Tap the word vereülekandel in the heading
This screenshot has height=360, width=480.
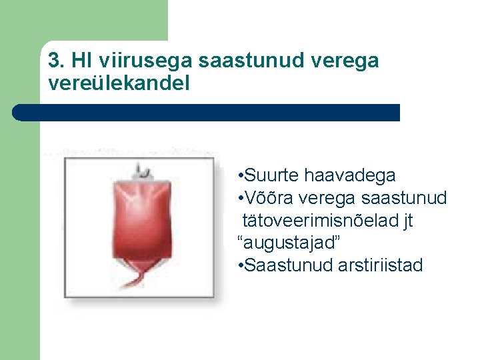tap(119, 84)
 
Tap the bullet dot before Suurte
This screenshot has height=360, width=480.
tap(240, 177)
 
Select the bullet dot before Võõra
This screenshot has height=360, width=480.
tap(240, 199)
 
